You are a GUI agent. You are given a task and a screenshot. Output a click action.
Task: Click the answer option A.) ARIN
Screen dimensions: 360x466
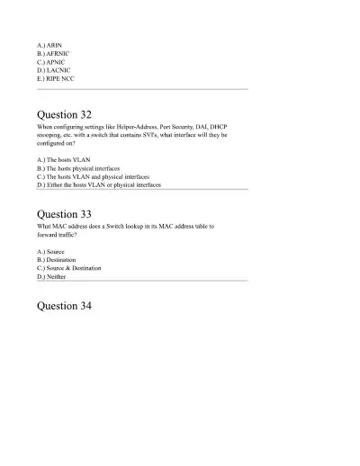pyautogui.click(x=49, y=42)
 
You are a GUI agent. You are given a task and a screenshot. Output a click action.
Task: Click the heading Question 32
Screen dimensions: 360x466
pyautogui.click(x=64, y=115)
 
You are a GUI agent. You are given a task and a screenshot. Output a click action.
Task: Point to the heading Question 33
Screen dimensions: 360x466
pyautogui.click(x=64, y=214)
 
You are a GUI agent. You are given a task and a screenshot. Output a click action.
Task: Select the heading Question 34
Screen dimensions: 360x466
pyautogui.click(x=64, y=306)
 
